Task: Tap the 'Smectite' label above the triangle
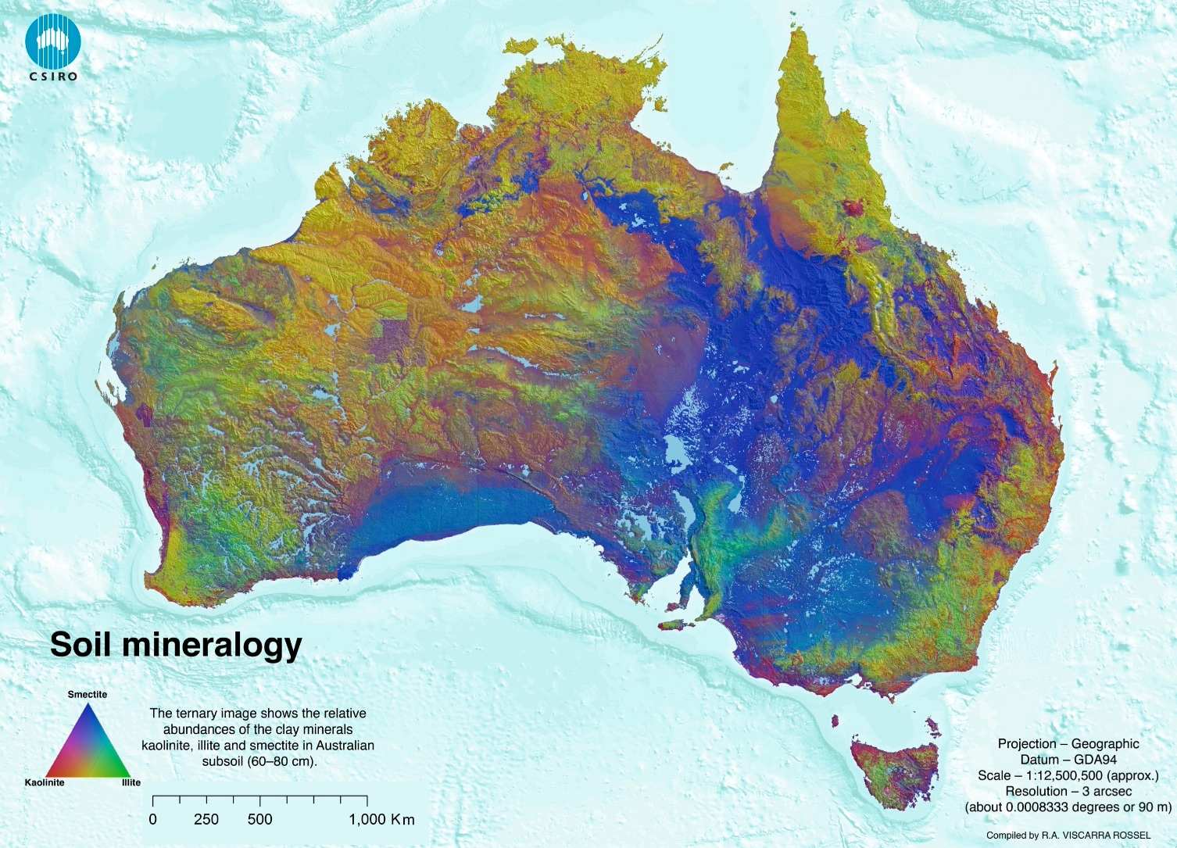(88, 694)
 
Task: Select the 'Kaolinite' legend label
(45, 782)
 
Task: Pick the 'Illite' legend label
(131, 782)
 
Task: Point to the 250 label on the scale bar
(206, 819)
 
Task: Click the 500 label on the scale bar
(259, 819)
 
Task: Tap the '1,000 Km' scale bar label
(381, 819)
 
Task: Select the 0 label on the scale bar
(153, 819)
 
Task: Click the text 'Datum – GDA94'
(1068, 760)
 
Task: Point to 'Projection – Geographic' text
(1068, 744)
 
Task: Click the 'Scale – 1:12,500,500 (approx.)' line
(1068, 775)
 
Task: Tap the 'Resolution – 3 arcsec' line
(1068, 791)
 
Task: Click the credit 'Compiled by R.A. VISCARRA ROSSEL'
(1068, 835)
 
